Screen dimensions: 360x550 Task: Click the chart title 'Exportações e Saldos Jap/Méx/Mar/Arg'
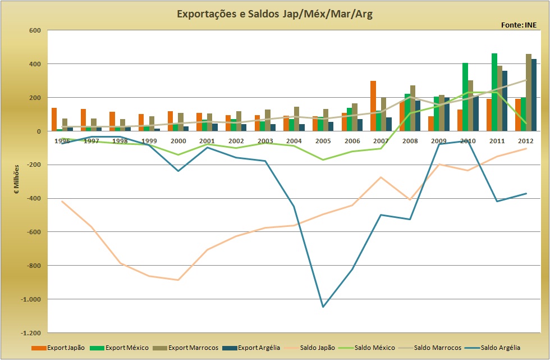pos(275,13)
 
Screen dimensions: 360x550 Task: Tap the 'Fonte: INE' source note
pos(519,25)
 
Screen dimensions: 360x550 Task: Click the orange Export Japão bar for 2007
pos(373,106)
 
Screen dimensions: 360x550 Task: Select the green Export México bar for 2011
pos(494,92)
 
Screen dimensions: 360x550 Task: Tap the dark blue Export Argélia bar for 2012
pos(534,95)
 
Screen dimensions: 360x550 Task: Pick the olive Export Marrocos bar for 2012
pos(529,93)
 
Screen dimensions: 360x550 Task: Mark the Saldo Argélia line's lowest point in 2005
pos(323,307)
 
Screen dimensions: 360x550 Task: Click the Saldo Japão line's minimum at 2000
pos(178,280)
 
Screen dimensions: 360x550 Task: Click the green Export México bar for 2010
pos(465,97)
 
